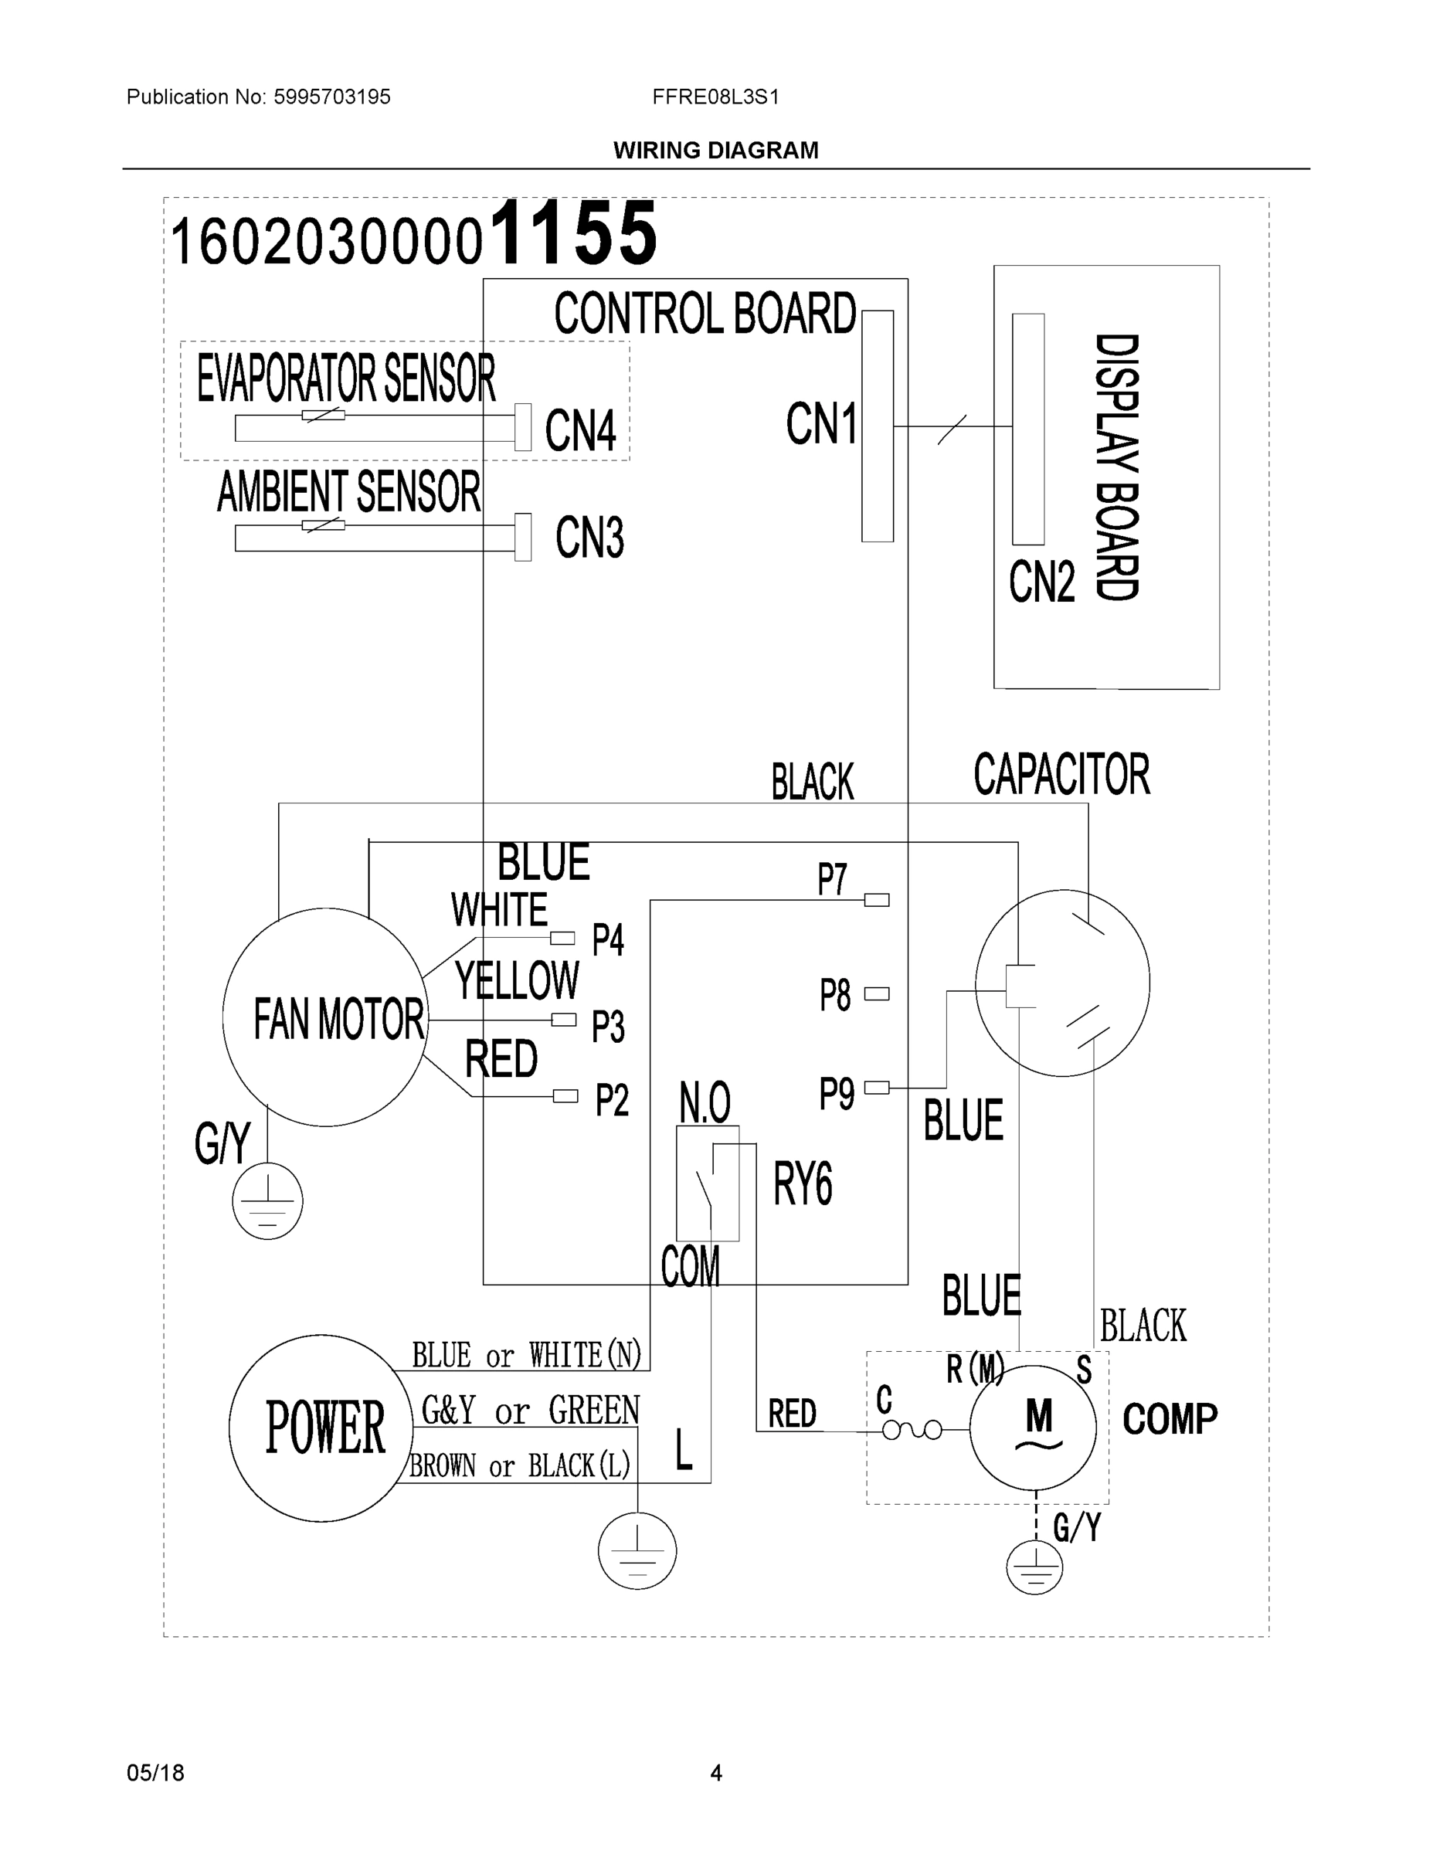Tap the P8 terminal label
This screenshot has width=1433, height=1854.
(x=834, y=995)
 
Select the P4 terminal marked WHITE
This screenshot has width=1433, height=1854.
(x=562, y=938)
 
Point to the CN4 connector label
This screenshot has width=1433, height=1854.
(x=580, y=430)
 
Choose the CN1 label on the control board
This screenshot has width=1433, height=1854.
(x=821, y=423)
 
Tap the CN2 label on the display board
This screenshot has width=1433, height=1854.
(x=1041, y=582)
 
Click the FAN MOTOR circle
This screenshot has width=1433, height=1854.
(x=325, y=1017)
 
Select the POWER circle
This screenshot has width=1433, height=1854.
(x=321, y=1428)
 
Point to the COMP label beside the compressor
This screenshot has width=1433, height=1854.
(x=1170, y=1419)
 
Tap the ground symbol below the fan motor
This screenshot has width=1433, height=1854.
(x=267, y=1201)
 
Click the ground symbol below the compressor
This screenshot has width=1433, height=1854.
(x=1034, y=1567)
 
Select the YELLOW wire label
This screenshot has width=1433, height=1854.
(x=517, y=981)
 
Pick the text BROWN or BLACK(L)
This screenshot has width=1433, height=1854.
(x=520, y=1465)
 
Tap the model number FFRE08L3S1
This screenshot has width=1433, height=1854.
(x=715, y=97)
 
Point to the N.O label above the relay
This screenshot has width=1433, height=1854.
(x=705, y=1102)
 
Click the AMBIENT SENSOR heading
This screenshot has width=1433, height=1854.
(x=349, y=492)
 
